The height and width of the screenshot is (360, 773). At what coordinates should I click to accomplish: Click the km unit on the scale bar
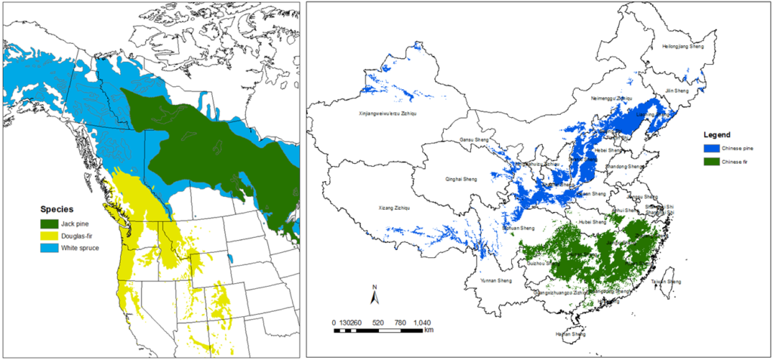click(x=429, y=331)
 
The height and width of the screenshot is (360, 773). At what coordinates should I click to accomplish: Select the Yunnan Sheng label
click(x=495, y=281)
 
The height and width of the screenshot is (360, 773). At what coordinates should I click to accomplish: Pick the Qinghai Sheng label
click(x=456, y=180)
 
